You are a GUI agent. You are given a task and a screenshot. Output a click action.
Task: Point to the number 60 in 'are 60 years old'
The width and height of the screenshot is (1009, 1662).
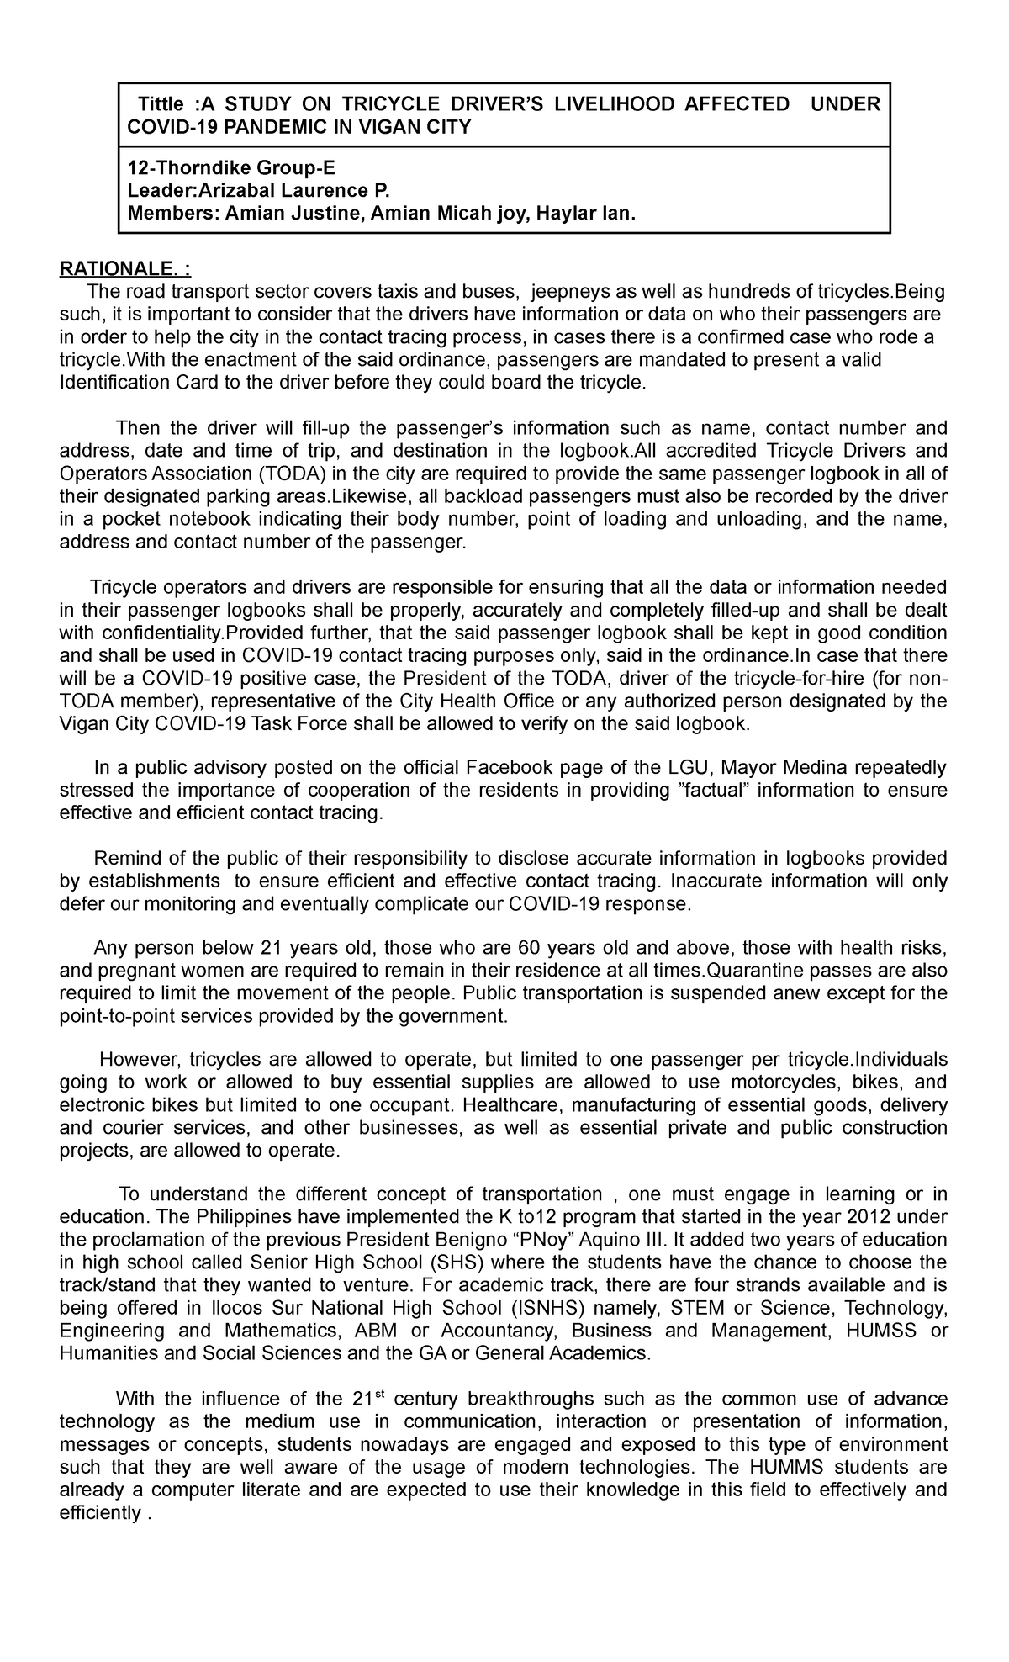[x=529, y=949]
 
